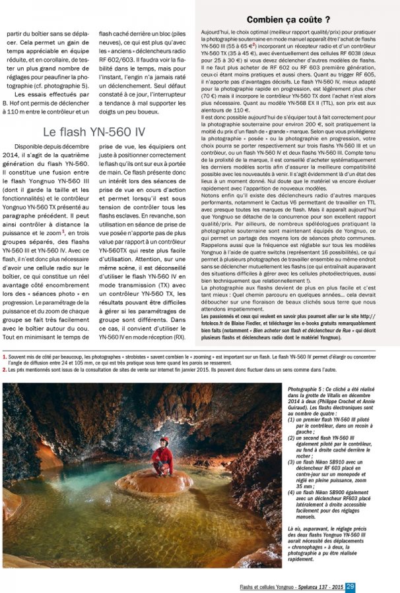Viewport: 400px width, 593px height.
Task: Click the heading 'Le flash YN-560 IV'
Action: pos(94,132)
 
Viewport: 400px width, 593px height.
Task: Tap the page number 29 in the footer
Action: pos(350,586)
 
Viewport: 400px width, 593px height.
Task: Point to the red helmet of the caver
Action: pos(164,439)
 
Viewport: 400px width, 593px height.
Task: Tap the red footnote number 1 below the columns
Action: pos(5,356)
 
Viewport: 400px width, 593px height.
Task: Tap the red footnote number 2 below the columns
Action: pos(5,370)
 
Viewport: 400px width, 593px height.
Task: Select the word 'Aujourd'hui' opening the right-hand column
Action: pos(214,32)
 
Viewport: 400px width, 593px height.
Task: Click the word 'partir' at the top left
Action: pos(14,32)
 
